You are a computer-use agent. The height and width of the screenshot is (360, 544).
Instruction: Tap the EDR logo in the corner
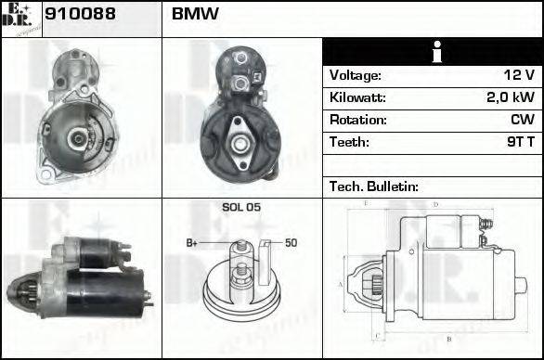coord(20,18)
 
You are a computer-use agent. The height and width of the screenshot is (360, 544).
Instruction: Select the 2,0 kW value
coord(511,97)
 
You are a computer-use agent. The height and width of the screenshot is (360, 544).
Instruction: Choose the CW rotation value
coord(523,120)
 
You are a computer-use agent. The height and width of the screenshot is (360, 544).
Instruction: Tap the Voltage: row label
coord(356,75)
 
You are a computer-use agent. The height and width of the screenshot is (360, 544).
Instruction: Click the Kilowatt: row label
coord(357,97)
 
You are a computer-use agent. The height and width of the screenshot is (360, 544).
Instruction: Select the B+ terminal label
coord(192,242)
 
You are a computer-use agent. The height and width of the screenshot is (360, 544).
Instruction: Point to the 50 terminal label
coord(291,242)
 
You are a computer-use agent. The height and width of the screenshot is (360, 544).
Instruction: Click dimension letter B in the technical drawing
coord(449,339)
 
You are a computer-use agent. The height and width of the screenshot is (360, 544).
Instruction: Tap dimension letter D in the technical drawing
coord(435,204)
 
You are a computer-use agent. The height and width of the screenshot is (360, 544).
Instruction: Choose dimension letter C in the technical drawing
coord(374,335)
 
